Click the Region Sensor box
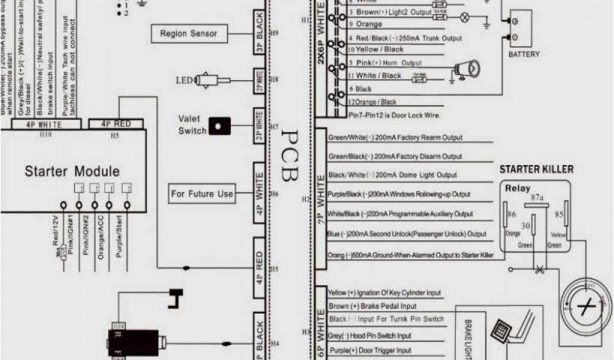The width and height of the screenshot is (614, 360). click(188, 34)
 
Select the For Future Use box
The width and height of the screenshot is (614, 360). click(201, 194)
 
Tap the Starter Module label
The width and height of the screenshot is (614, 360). click(72, 172)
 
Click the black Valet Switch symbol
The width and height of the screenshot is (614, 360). click(218, 127)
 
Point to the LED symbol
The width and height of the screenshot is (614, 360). click(210, 79)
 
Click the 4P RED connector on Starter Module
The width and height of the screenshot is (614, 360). click(117, 124)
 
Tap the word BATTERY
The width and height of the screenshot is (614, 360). click(524, 55)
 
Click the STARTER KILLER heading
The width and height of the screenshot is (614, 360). click(536, 170)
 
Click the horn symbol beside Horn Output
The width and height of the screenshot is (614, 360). click(465, 69)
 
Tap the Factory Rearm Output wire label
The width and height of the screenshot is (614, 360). click(396, 137)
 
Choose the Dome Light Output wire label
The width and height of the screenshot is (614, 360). click(393, 175)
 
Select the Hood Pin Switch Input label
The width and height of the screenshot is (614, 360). click(370, 336)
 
